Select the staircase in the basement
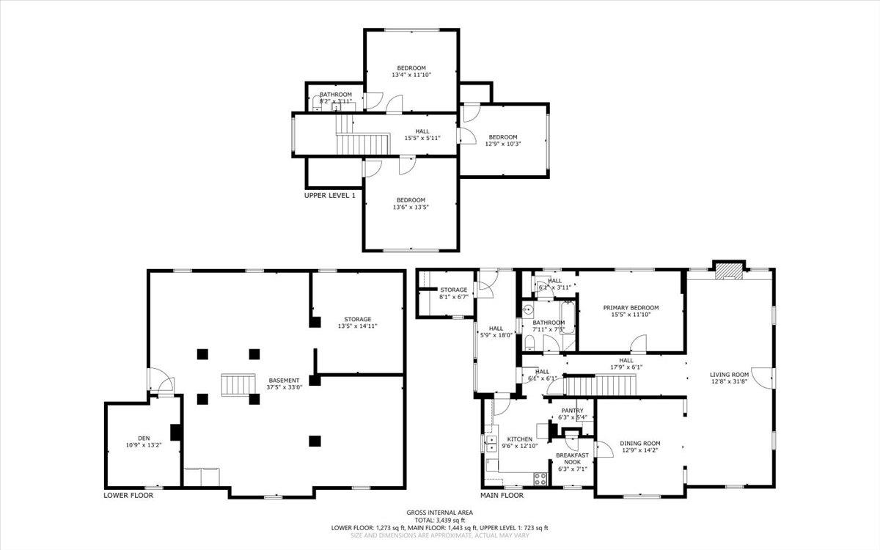pyautogui.click(x=236, y=384)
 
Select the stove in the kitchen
pyautogui.click(x=541, y=479)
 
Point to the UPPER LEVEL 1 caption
pyautogui.click(x=330, y=196)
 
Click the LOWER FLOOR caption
pyautogui.click(x=128, y=495)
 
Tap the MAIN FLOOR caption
pyautogui.click(x=502, y=495)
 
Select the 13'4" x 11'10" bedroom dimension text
pyautogui.click(x=411, y=75)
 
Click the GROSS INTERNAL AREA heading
pyautogui.click(x=440, y=513)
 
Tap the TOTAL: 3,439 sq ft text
pyautogui.click(x=440, y=520)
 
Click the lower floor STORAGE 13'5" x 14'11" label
pyautogui.click(x=358, y=323)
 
